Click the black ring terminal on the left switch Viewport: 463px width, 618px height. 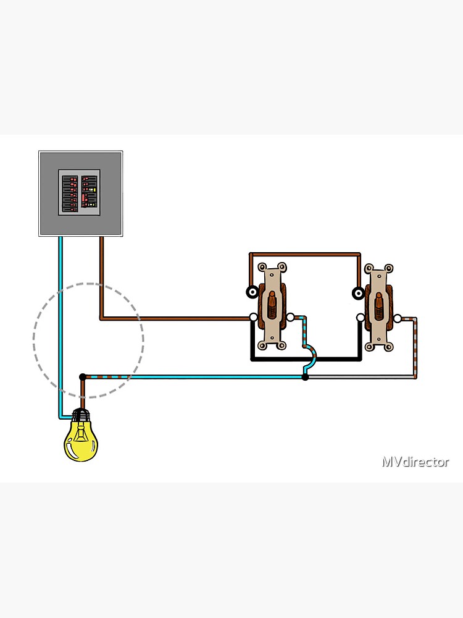pyautogui.click(x=252, y=292)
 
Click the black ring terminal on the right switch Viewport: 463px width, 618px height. pyautogui.click(x=357, y=293)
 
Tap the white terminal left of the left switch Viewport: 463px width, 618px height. pyautogui.click(x=253, y=318)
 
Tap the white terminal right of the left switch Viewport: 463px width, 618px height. pyautogui.click(x=291, y=318)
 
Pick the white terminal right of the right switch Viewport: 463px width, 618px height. pyautogui.click(x=398, y=319)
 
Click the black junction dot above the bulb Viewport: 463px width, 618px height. pyautogui.click(x=83, y=376)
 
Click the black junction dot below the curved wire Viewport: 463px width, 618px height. pyautogui.click(x=305, y=376)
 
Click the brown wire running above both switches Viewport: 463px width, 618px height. pyautogui.click(x=305, y=253)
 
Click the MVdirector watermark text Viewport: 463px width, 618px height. pyautogui.click(x=415, y=462)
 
